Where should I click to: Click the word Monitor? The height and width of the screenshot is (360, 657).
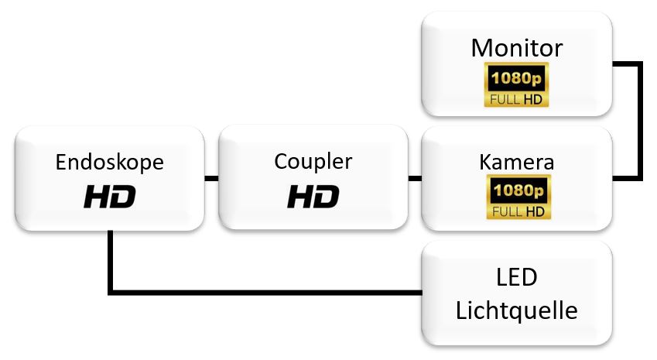tap(516, 48)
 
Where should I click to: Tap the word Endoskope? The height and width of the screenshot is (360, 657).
tap(109, 163)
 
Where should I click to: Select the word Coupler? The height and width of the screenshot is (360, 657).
tap(313, 162)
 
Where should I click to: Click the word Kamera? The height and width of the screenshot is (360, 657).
tap(516, 163)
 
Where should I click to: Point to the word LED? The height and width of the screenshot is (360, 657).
tap(516, 277)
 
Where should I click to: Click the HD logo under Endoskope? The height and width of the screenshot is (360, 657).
tap(109, 197)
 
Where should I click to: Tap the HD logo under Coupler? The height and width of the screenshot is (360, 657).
tap(313, 197)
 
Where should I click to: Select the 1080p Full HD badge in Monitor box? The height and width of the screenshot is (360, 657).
tap(516, 85)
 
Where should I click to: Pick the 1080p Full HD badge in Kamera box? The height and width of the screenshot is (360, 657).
tap(516, 197)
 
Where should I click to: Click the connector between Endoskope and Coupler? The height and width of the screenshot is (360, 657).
tap(211, 179)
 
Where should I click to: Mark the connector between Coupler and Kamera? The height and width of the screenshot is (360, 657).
tap(415, 179)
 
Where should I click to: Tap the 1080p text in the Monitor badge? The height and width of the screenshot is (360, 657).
tap(516, 78)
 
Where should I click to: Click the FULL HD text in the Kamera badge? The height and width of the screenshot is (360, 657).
tap(516, 211)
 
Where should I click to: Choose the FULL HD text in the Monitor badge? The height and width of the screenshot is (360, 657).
tap(516, 99)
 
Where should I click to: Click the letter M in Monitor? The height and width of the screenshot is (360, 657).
tap(481, 48)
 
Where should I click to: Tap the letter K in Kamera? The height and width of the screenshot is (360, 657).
tap(485, 163)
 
